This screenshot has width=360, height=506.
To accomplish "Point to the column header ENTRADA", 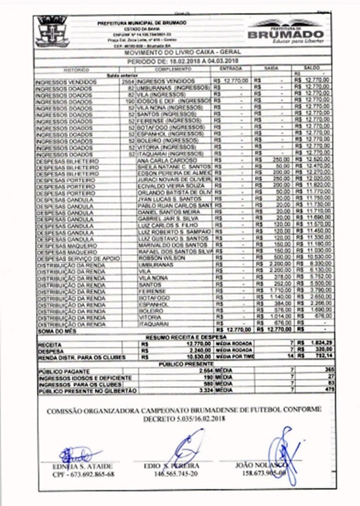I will (x=231, y=68).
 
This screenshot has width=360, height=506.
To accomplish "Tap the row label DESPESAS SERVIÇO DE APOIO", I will (x=77, y=257).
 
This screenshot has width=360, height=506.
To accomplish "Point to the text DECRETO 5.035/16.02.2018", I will (x=184, y=420).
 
